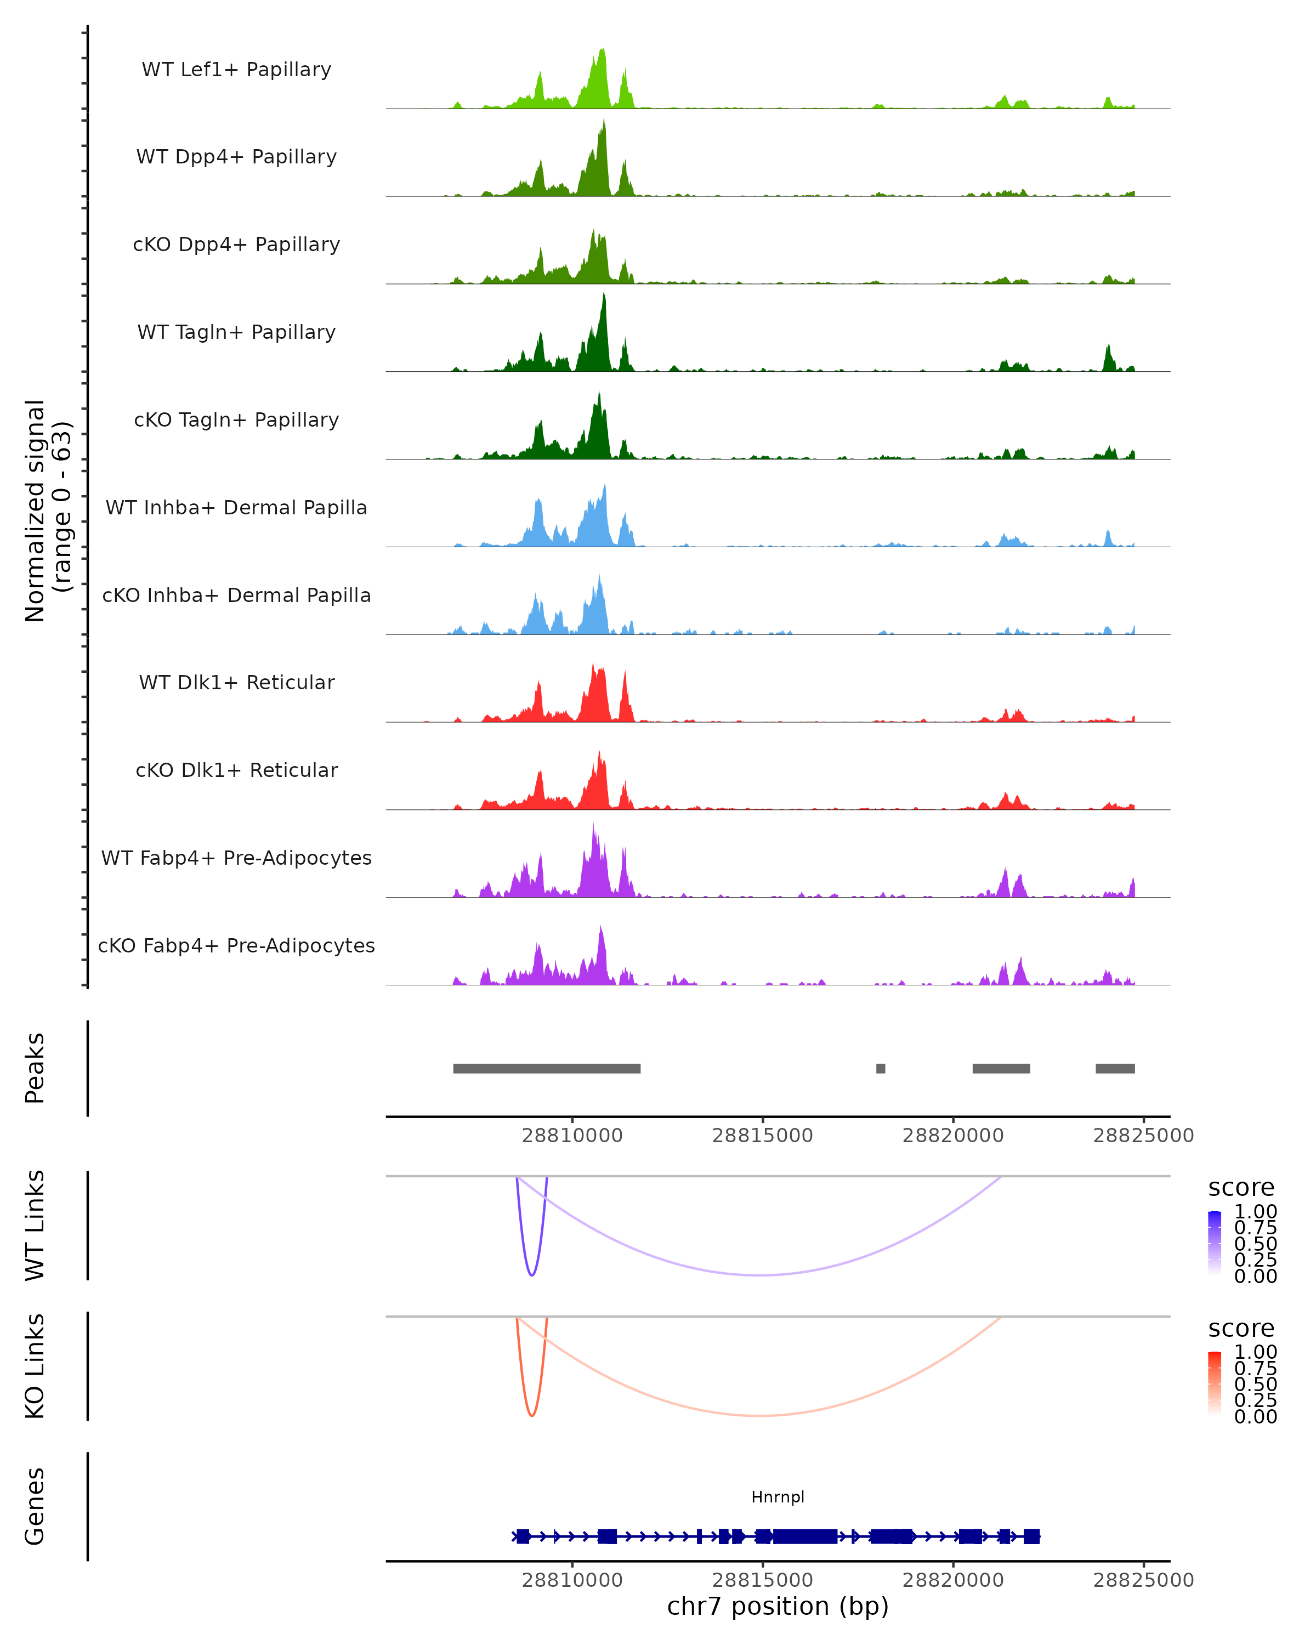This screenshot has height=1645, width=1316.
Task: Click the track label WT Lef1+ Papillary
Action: tap(236, 70)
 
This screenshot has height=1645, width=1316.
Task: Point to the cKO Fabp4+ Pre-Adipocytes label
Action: tap(236, 945)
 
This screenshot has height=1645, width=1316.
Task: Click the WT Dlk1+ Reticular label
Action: tap(236, 683)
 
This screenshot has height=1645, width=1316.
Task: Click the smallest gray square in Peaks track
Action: tap(881, 1068)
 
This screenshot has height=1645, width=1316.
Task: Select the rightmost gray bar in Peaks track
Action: tap(1115, 1068)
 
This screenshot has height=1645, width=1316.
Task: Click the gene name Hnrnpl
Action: tap(778, 1497)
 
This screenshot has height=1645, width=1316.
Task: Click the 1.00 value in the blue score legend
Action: tap(1255, 1212)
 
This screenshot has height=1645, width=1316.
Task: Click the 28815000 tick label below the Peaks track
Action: tap(762, 1136)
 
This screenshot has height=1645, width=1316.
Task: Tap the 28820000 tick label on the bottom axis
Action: tap(953, 1580)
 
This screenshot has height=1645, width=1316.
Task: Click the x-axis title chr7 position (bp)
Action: tap(778, 1607)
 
